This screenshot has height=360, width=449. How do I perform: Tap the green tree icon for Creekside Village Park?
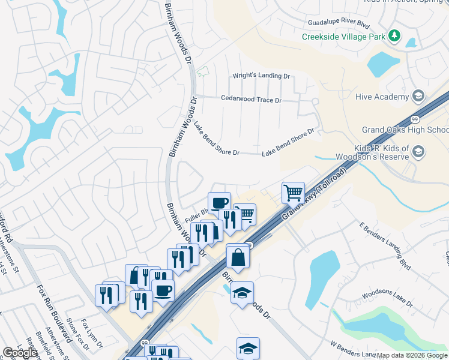[394, 37]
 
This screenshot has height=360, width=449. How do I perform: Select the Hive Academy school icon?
[419, 96]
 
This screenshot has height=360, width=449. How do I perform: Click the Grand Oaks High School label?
[405, 130]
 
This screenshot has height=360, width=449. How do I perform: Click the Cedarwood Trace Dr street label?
[251, 99]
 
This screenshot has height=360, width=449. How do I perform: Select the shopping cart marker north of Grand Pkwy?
[293, 193]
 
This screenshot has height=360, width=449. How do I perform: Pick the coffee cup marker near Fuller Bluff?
[219, 203]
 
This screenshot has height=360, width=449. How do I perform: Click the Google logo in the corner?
[20, 353]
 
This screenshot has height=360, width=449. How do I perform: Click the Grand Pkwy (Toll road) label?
[312, 198]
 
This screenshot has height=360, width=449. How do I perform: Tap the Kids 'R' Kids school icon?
[419, 153]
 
